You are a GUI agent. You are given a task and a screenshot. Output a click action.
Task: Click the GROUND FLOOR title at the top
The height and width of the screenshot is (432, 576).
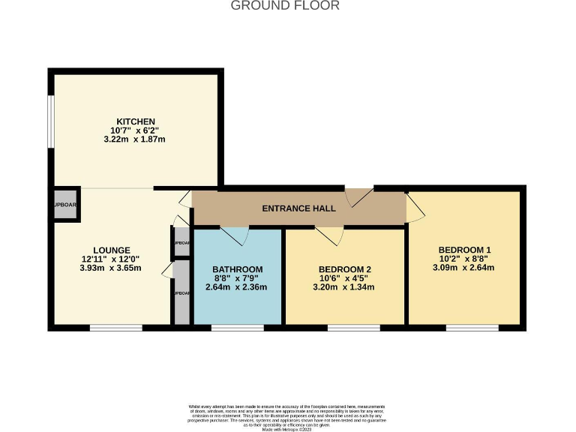(x=284, y=6)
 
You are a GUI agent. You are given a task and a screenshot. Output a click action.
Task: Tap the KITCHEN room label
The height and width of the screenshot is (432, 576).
(x=135, y=121)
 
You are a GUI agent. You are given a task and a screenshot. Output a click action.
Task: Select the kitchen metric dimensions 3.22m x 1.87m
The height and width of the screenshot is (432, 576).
(x=135, y=139)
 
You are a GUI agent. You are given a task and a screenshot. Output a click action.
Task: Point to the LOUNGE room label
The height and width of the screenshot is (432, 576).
(x=112, y=250)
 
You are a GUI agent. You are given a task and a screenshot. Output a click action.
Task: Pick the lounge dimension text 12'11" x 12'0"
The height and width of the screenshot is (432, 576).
(x=112, y=259)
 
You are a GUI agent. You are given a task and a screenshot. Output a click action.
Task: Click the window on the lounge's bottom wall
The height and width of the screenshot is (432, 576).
(x=115, y=327)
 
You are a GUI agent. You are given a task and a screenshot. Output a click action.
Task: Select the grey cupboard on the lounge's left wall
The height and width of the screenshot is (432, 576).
(x=64, y=204)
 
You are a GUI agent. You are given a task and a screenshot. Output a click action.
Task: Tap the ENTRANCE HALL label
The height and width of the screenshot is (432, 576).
(x=298, y=208)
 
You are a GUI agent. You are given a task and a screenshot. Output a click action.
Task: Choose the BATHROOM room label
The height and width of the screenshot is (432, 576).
(x=237, y=269)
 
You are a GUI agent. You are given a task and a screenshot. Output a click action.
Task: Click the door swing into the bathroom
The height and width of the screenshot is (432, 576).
(x=238, y=235)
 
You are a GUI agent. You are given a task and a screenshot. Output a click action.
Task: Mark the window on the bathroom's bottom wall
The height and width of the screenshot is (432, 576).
(x=237, y=327)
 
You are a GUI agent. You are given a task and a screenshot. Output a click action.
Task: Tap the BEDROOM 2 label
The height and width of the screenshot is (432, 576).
(x=345, y=269)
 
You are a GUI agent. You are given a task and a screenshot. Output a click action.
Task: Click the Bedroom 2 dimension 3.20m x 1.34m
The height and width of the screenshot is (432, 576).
(x=345, y=287)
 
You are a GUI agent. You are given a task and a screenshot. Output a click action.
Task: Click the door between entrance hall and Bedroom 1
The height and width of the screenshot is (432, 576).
(x=414, y=208)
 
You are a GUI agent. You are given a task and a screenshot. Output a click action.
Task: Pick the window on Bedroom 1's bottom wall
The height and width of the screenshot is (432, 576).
(x=472, y=327)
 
